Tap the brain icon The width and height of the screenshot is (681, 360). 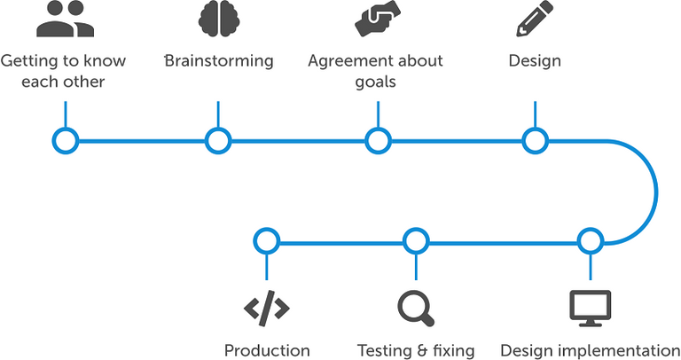(x=218, y=19)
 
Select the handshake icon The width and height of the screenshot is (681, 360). (x=377, y=19)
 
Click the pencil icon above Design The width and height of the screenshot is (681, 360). (x=535, y=19)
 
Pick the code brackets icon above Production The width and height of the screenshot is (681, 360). (x=266, y=307)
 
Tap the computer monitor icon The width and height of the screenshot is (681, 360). (x=590, y=307)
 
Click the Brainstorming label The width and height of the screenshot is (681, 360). (x=219, y=61)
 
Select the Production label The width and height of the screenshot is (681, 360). (x=267, y=349)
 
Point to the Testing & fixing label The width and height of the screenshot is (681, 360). (x=415, y=349)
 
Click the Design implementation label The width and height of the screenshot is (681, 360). (x=590, y=349)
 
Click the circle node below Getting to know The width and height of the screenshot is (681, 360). (x=66, y=140)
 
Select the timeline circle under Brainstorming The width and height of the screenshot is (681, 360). (x=218, y=140)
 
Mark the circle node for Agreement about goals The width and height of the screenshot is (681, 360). (x=378, y=140)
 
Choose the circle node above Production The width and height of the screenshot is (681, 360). (x=266, y=240)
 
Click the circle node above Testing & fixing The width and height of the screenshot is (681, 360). (x=415, y=240)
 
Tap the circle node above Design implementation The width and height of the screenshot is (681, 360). (x=590, y=240)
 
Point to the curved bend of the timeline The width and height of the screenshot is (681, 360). (x=654, y=190)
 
